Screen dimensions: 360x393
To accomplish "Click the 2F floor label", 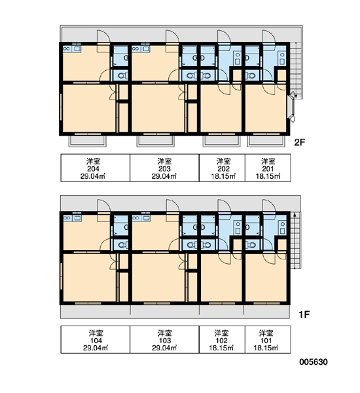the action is [300, 142].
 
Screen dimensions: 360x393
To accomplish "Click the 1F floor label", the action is [304, 314].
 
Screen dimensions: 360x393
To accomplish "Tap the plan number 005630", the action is [314, 362].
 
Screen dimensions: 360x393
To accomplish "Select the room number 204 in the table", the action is [93, 169].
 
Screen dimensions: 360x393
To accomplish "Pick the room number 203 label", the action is [164, 169].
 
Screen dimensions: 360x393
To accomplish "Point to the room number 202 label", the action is [223, 169].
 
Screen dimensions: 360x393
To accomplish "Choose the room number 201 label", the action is [268, 169].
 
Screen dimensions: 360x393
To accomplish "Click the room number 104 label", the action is [96, 341].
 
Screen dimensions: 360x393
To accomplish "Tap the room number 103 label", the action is [165, 341].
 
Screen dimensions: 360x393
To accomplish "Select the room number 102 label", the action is [221, 341].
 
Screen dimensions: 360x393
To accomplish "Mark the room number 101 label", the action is [266, 341].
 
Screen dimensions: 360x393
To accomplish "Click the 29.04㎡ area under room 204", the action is [93, 176].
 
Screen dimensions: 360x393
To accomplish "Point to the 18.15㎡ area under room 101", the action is [266, 348].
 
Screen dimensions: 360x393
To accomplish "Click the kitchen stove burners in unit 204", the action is [67, 48].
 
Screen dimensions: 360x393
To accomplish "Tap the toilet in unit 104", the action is [122, 244].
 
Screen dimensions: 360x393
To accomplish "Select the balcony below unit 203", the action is [155, 141].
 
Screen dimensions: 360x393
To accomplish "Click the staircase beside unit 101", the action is [296, 240].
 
